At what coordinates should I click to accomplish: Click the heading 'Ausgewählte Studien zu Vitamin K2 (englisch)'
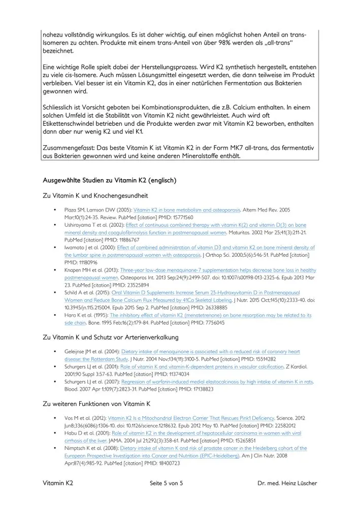[111, 181]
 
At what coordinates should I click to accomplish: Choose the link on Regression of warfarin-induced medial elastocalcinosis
[217, 382]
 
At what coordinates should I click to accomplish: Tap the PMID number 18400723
[165, 463]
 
